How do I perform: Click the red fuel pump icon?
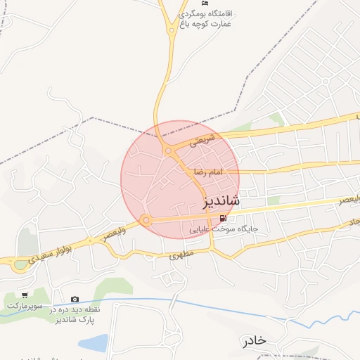pos(224,217)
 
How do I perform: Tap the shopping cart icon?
pos(25,295)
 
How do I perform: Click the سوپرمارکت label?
pos(25,306)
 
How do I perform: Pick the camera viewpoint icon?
pos(75,299)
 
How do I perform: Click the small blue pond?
pos(94,342)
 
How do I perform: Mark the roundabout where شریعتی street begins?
pos(168,150)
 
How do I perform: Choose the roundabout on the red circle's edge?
pos(146,220)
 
